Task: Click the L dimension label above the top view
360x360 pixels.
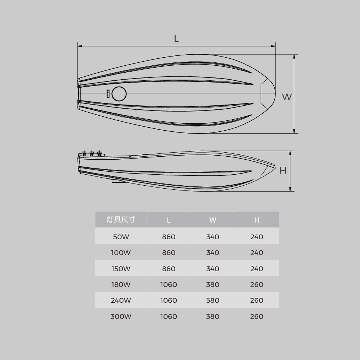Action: pyautogui.click(x=176, y=39)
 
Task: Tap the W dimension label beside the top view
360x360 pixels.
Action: pyautogui.click(x=287, y=97)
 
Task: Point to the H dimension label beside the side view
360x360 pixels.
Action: pyautogui.click(x=283, y=170)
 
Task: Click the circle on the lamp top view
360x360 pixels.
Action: pyautogui.click(x=119, y=94)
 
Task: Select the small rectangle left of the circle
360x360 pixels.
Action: pyautogui.click(x=108, y=94)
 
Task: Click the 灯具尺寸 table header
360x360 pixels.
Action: pyautogui.click(x=121, y=220)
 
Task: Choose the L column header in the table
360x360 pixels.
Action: pyautogui.click(x=169, y=220)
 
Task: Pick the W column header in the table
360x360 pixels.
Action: pyautogui.click(x=213, y=220)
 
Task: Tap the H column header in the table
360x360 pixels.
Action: pyautogui.click(x=257, y=220)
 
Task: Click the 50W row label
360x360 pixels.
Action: pyautogui.click(x=121, y=237)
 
